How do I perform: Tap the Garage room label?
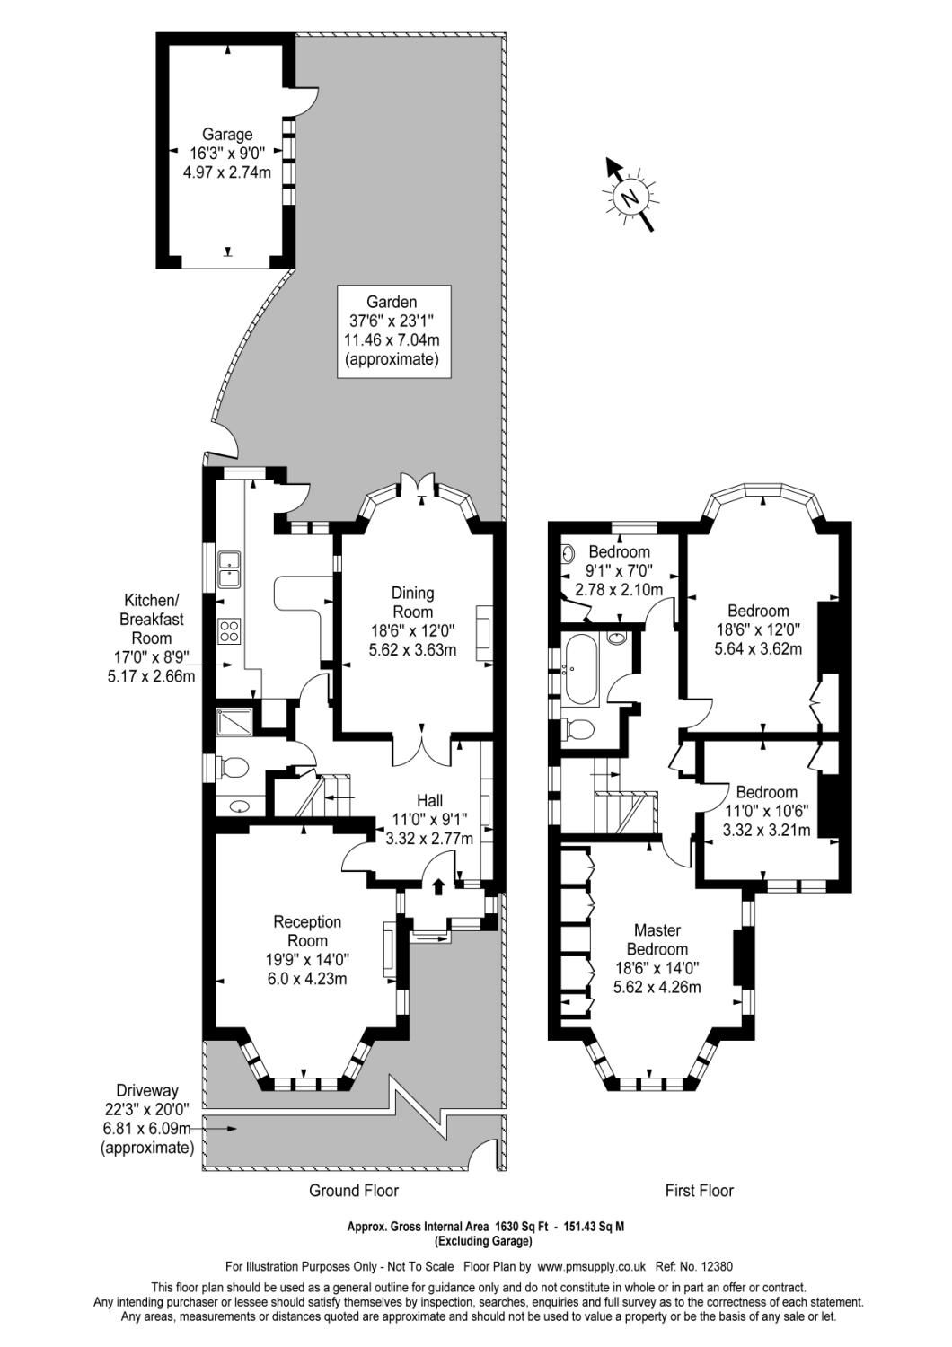(x=226, y=154)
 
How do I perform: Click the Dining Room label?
(x=413, y=621)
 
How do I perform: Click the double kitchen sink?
(x=228, y=568)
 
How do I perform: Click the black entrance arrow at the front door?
(x=438, y=886)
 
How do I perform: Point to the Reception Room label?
(x=307, y=950)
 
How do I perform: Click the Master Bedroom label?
(x=657, y=958)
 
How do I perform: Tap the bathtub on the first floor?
(x=580, y=669)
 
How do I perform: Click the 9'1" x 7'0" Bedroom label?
(x=619, y=570)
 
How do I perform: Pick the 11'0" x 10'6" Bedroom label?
(x=766, y=811)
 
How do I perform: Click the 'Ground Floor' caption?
(x=353, y=1190)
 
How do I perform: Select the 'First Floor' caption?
(x=699, y=1190)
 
